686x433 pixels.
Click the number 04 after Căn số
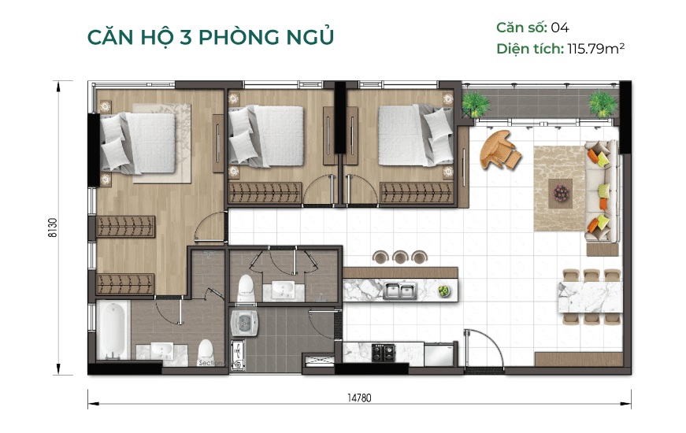coord(559,28)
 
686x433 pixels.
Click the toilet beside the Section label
coord(206,350)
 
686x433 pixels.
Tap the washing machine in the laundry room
coord(244,323)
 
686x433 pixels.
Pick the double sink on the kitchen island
coord(400,292)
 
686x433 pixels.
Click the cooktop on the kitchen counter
coord(383,352)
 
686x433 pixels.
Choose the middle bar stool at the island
coord(400,257)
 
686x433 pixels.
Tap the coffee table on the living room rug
coord(561,191)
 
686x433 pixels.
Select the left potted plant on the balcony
coord(475,103)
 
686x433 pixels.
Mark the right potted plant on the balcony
coord(603,102)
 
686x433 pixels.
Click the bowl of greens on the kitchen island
coord(444,291)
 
